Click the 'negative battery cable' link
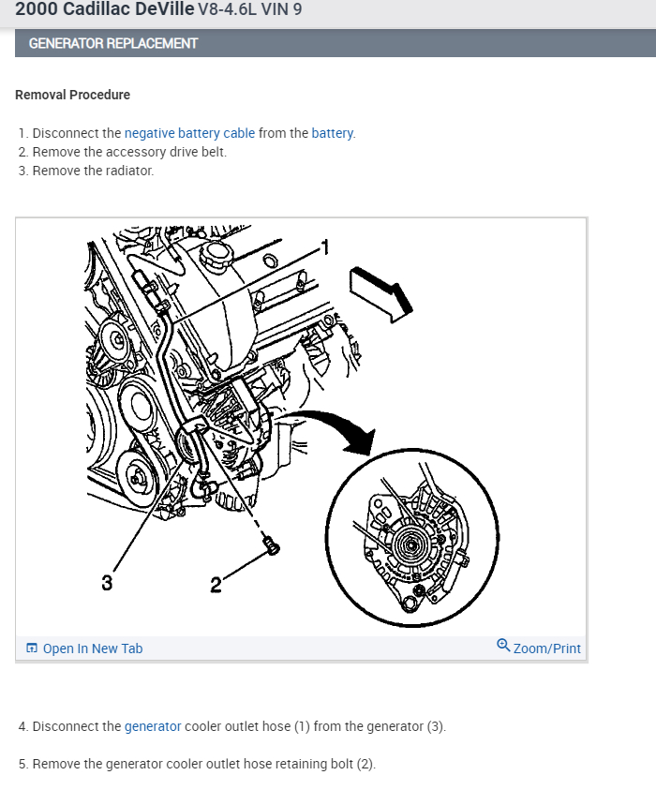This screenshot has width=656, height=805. [189, 133]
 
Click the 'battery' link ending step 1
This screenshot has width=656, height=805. [332, 133]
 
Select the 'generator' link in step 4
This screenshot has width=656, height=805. [153, 726]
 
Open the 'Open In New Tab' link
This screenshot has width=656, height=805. [92, 648]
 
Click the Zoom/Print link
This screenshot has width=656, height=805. [546, 648]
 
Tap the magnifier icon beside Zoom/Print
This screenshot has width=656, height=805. [503, 646]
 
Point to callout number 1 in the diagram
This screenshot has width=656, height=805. [325, 246]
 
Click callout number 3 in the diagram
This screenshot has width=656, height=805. [107, 583]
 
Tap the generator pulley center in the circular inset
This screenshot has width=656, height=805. [410, 543]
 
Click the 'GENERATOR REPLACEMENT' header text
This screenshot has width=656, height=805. [113, 43]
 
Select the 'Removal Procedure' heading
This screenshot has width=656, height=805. [73, 95]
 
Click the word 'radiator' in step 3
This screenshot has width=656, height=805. [129, 171]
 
